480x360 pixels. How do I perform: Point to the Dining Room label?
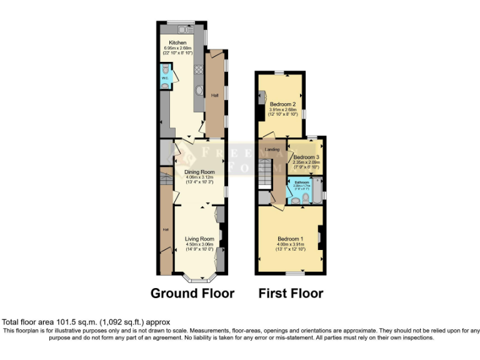point(199,172)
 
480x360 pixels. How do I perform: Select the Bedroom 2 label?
point(282,104)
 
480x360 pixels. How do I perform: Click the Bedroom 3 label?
point(306,157)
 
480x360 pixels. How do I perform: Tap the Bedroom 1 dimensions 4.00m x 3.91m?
point(289,245)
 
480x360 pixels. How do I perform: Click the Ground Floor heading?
point(192,293)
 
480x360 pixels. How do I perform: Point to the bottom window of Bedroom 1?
point(296,274)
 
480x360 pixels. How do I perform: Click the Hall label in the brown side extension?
point(215,95)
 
